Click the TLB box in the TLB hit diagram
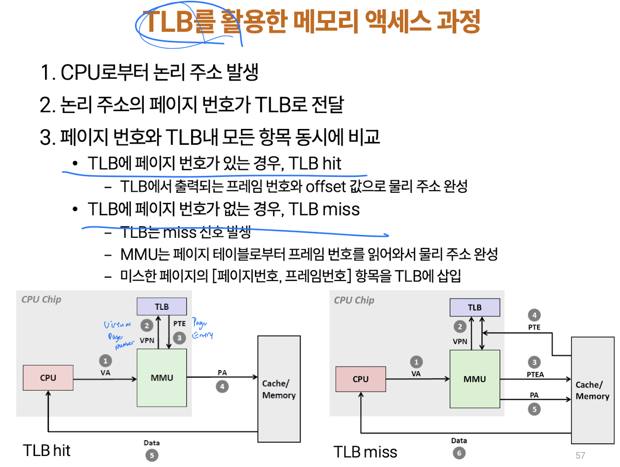click(161, 307)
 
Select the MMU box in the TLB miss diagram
click(474, 379)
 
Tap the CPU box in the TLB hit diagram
click(48, 378)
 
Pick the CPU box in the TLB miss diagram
click(360, 379)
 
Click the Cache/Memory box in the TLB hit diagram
click(279, 389)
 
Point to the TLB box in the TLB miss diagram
click(474, 307)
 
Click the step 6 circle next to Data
click(459, 453)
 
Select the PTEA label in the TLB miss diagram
click(535, 374)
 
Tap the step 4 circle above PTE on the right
click(534, 315)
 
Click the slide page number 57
click(580, 455)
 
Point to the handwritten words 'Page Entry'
click(202, 328)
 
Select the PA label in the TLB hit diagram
click(222, 373)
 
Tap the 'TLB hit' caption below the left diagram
click(46, 451)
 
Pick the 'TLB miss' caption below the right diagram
click(365, 452)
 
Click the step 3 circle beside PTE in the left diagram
click(179, 338)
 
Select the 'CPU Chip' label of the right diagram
click(354, 300)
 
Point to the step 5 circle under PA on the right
click(534, 409)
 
